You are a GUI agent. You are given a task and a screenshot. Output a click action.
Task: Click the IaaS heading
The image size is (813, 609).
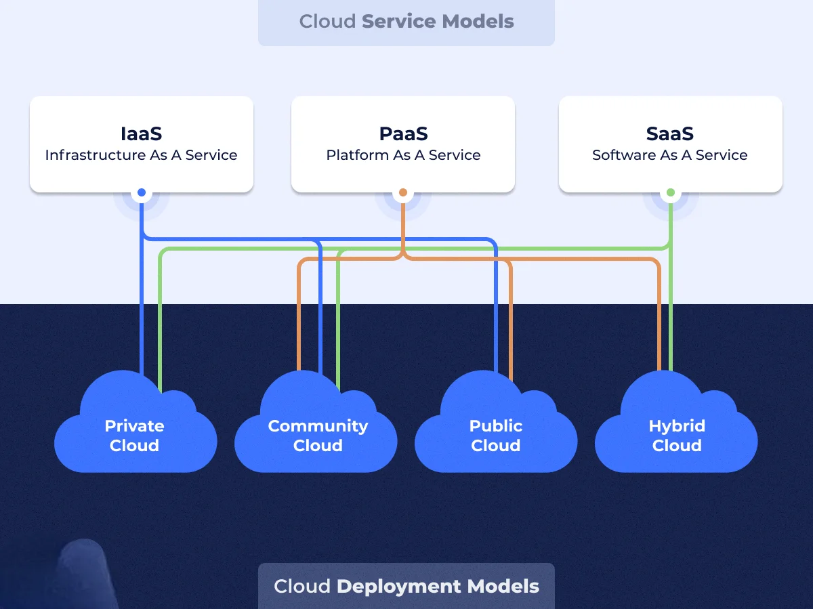[x=141, y=133]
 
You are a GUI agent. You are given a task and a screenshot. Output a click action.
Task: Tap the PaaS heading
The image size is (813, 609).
[x=403, y=133]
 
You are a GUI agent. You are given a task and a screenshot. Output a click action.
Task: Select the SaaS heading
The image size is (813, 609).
[x=670, y=133]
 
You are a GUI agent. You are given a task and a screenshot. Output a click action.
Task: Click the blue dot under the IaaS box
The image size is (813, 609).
[x=142, y=193]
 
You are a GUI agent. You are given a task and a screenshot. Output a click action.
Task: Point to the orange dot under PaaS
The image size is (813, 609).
[x=403, y=193]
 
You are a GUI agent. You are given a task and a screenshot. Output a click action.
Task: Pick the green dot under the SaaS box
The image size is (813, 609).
[x=671, y=193]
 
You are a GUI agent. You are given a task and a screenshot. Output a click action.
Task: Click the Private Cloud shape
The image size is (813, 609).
[x=135, y=434]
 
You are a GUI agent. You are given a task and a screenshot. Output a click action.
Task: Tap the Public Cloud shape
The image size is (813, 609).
[x=496, y=434]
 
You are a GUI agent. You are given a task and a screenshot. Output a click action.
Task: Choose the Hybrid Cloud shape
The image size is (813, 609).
[x=676, y=434]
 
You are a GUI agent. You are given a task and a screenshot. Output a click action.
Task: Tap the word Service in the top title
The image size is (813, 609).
[x=399, y=21]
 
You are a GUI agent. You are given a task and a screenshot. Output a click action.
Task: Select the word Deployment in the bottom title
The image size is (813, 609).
[x=392, y=586]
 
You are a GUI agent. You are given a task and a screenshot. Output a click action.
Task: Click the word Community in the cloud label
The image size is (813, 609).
[x=318, y=426]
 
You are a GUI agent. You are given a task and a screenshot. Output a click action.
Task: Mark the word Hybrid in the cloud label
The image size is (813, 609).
[x=677, y=426]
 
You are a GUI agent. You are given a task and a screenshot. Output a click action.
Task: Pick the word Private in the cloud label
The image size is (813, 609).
[x=134, y=426]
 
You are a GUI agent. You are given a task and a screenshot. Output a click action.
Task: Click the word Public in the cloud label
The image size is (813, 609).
[x=496, y=426]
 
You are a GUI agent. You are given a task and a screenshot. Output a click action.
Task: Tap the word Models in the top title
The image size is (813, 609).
[x=478, y=21]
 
